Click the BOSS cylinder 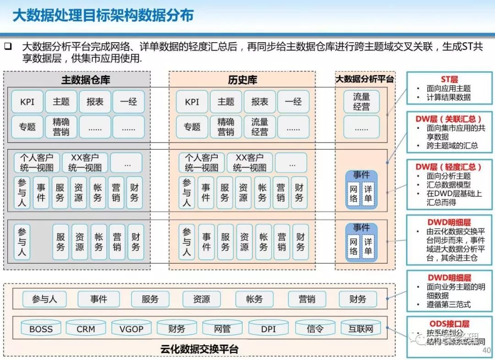click(41, 328)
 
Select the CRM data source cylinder click(86, 328)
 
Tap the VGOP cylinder click(131, 328)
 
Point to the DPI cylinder click(269, 328)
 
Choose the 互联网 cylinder click(361, 328)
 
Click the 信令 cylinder click(315, 328)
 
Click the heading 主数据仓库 click(86, 80)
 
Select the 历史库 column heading click(242, 80)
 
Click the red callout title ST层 click(449, 79)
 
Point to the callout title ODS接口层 click(449, 324)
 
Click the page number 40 click(487, 350)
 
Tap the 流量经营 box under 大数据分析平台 click(361, 102)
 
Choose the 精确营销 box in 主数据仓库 click(61, 127)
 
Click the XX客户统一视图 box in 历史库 click(249, 163)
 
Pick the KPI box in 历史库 click(192, 102)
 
